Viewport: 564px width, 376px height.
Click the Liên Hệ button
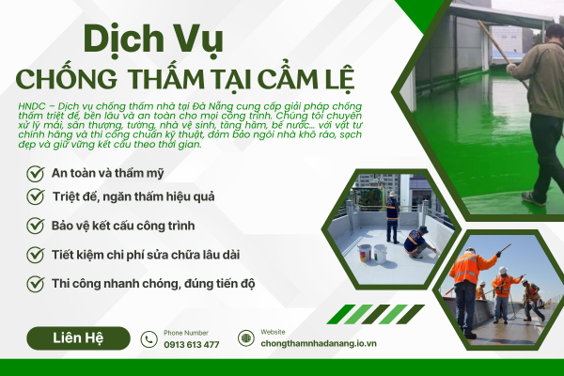(x=78, y=337)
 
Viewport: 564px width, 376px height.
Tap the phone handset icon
(x=149, y=339)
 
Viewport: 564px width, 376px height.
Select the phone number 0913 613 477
(x=191, y=345)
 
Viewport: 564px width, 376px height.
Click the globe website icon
(x=245, y=338)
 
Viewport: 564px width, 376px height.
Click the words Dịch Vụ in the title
(x=151, y=39)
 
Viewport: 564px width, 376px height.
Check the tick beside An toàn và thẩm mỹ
(x=35, y=173)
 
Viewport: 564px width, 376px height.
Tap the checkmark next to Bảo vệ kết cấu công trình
(x=35, y=227)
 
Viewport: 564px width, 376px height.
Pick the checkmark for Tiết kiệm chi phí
(x=35, y=255)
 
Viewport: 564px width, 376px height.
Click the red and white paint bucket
(x=364, y=252)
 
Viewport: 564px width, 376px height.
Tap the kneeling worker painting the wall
(x=416, y=243)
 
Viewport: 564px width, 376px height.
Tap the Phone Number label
(x=185, y=332)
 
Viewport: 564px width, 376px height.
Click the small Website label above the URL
(x=273, y=332)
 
